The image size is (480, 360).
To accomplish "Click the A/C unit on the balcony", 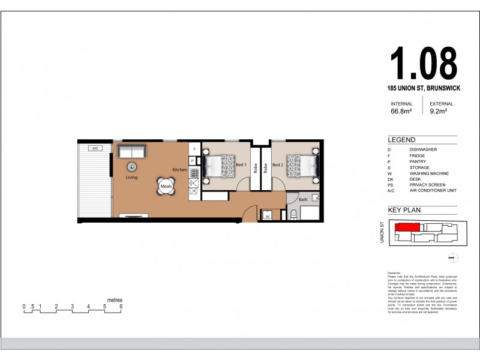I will point(95,148).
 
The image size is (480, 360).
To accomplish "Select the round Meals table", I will point(166,187).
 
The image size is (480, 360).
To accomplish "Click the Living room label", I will point(131,178).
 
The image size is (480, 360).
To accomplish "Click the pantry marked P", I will point(192,161).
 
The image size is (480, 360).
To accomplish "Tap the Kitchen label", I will point(180,170).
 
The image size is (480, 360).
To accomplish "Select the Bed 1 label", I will point(242,165).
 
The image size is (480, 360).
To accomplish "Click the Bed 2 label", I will point(277,165).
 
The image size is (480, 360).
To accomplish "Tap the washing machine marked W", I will point(268,215).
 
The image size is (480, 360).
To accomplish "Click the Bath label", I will point(303,199).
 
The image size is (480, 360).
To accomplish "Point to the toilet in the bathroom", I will point(293,214).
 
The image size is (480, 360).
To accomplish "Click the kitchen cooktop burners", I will point(194,175).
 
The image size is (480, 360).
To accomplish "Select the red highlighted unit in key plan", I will point(406,227).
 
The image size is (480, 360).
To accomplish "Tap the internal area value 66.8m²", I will point(402,111).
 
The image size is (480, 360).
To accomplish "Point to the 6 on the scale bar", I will point(121,307).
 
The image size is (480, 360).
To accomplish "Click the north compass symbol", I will point(454,258).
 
